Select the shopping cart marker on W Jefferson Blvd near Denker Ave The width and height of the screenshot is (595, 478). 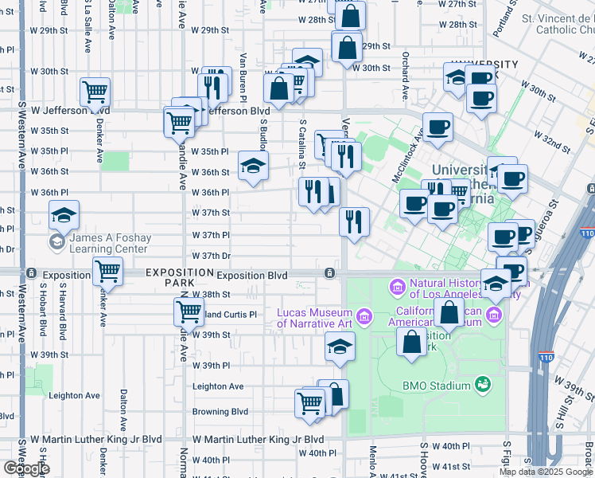click(x=95, y=93)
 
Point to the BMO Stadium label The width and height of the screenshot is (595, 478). click(x=437, y=386)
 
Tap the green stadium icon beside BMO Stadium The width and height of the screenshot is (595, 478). click(x=481, y=386)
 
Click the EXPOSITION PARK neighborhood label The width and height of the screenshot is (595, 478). click(x=169, y=277)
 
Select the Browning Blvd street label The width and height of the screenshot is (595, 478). click(x=220, y=412)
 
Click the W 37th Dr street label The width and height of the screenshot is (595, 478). click(x=211, y=256)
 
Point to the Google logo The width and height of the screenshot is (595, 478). click(x=27, y=468)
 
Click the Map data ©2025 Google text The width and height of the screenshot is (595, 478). click(x=546, y=472)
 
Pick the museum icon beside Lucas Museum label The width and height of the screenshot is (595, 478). click(x=364, y=317)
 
